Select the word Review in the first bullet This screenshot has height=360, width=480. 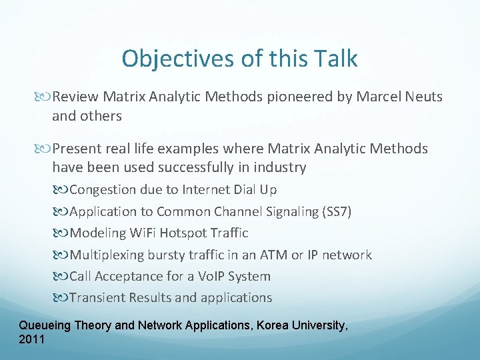pyautogui.click(x=74, y=97)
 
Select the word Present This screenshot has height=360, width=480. pyautogui.click(x=77, y=148)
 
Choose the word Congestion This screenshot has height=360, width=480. pyautogui.click(x=103, y=189)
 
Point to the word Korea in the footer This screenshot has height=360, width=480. pyautogui.click(x=276, y=326)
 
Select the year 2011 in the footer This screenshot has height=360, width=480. pyautogui.click(x=32, y=339)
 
